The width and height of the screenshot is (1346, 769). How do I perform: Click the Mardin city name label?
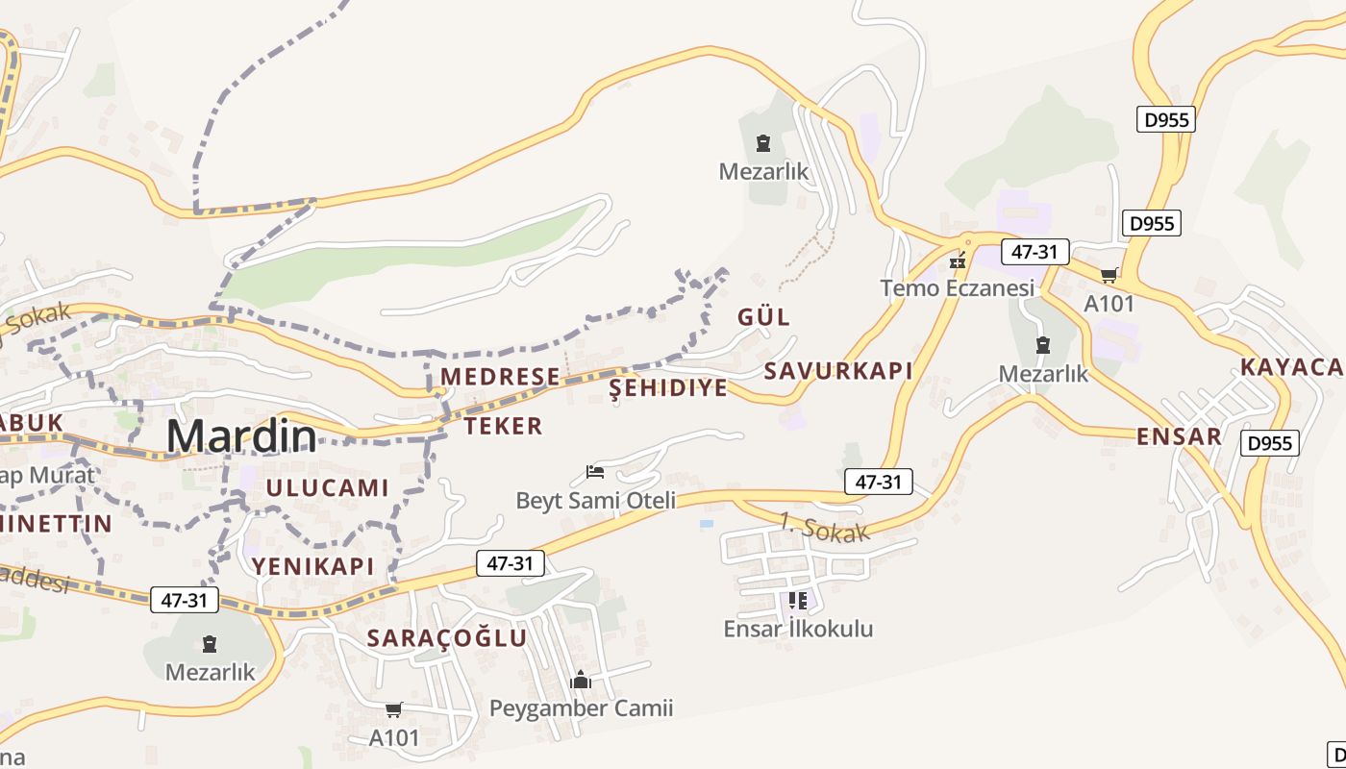coord(241,437)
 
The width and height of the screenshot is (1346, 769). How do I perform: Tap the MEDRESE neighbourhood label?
coord(500,376)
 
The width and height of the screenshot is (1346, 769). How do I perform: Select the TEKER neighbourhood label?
coord(504,426)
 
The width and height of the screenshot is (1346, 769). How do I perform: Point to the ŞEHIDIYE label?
coord(669,387)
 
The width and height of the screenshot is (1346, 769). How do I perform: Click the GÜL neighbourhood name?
coord(763,316)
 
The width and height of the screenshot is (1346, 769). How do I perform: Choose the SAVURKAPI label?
coord(837,371)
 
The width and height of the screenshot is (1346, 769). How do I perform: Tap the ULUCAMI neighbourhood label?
coord(327,487)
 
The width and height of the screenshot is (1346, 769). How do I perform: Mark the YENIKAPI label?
coord(312,565)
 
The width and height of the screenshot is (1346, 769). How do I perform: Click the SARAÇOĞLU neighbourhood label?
coord(447,637)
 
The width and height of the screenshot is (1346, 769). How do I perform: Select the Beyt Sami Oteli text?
coord(596,500)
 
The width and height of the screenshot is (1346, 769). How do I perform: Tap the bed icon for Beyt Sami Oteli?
coord(595,472)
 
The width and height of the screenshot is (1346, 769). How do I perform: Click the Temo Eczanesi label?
coord(958,287)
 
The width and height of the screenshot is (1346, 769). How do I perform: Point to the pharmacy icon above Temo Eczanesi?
coord(957,260)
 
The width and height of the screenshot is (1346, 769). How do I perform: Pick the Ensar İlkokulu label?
coord(798,629)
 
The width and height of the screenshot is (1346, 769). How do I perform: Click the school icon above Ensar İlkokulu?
coord(797,601)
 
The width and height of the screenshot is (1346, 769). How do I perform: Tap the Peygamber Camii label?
coord(581,708)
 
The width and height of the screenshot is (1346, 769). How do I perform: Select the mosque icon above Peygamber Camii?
coord(580,681)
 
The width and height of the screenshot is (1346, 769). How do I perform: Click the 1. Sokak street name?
coord(824,528)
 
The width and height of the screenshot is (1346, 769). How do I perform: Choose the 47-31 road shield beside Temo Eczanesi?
coord(1034,252)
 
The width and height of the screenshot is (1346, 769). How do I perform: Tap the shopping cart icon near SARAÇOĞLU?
coord(393,710)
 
